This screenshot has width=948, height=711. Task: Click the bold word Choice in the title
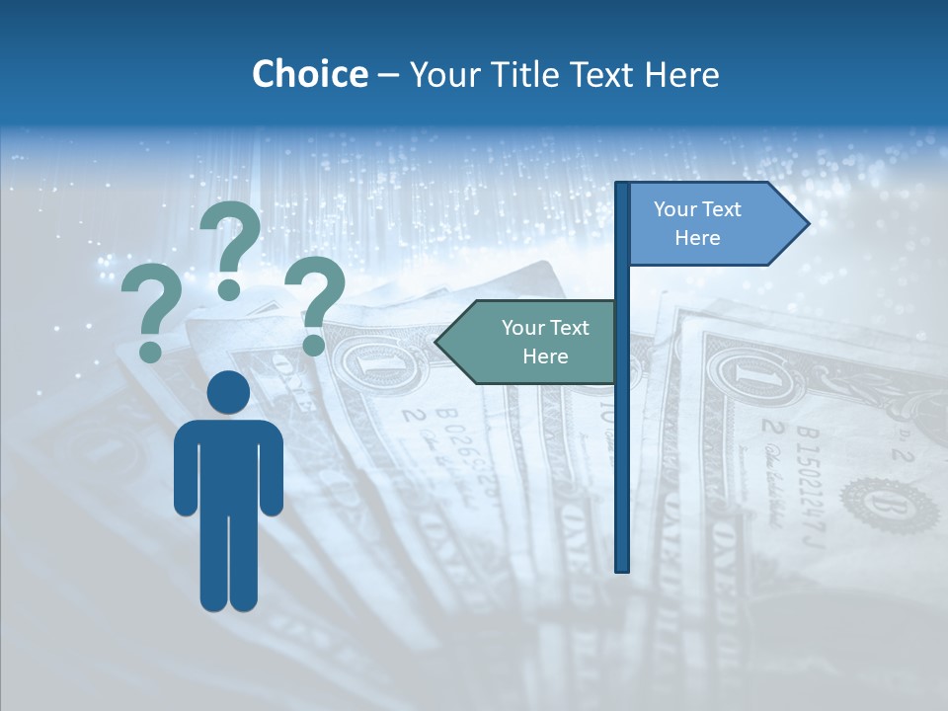(309, 74)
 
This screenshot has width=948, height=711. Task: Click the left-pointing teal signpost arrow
(533, 342)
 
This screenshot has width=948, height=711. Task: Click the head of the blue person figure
(228, 393)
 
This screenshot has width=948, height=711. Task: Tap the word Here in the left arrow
(545, 356)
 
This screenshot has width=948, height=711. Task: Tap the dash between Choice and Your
(388, 75)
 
